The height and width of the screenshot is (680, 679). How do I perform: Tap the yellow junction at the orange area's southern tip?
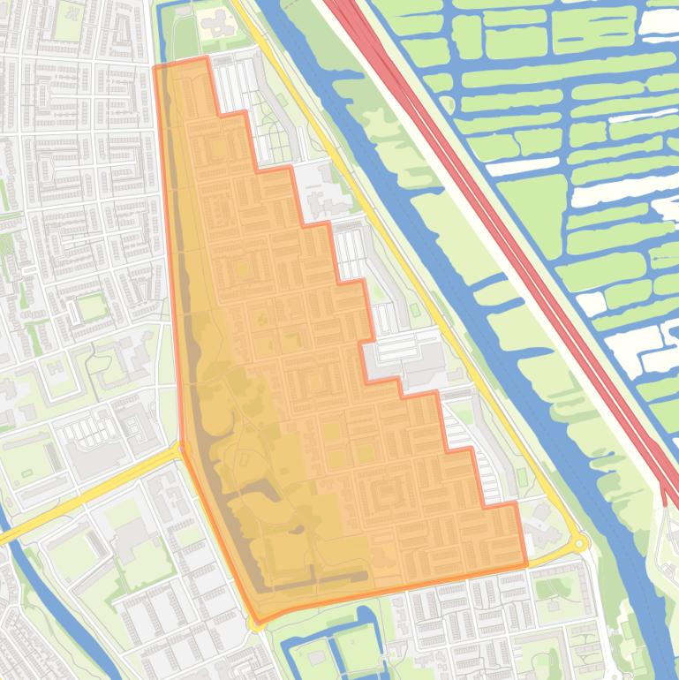coord(256,623)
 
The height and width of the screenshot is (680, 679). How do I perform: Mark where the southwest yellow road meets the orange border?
coord(183,449)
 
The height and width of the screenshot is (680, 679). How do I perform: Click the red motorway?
coord(494,221)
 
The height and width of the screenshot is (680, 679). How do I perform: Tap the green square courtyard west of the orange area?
coord(91,308)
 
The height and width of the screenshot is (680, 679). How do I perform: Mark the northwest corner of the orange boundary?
coord(155,67)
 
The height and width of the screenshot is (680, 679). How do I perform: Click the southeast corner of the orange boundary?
coord(526,563)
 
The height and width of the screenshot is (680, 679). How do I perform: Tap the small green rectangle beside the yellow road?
coord(522,477)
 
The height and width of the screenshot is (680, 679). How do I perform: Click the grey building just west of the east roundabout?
coord(539,530)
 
